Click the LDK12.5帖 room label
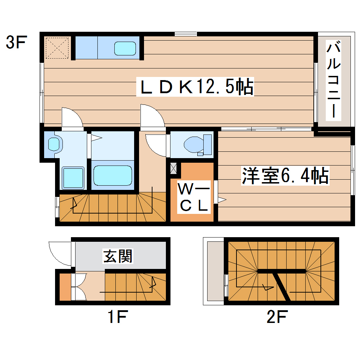pyautogui.click(x=196, y=87)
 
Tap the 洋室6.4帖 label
pyautogui.click(x=285, y=175)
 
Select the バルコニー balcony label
pyautogui.click(x=334, y=80)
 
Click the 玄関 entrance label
pyautogui.click(x=118, y=256)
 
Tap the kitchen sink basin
pyautogui.click(x=125, y=48)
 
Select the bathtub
pyautogui.click(x=113, y=175)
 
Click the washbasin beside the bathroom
pyautogui.click(x=54, y=144)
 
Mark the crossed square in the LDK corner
pyautogui.click(x=58, y=47)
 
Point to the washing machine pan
pyautogui.click(x=73, y=178)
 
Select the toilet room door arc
pyautogui.click(x=155, y=145)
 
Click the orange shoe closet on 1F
pyautogui.click(x=65, y=286)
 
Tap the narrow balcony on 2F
pyautogui.click(x=214, y=271)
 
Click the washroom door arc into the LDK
pyautogui.click(x=72, y=117)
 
